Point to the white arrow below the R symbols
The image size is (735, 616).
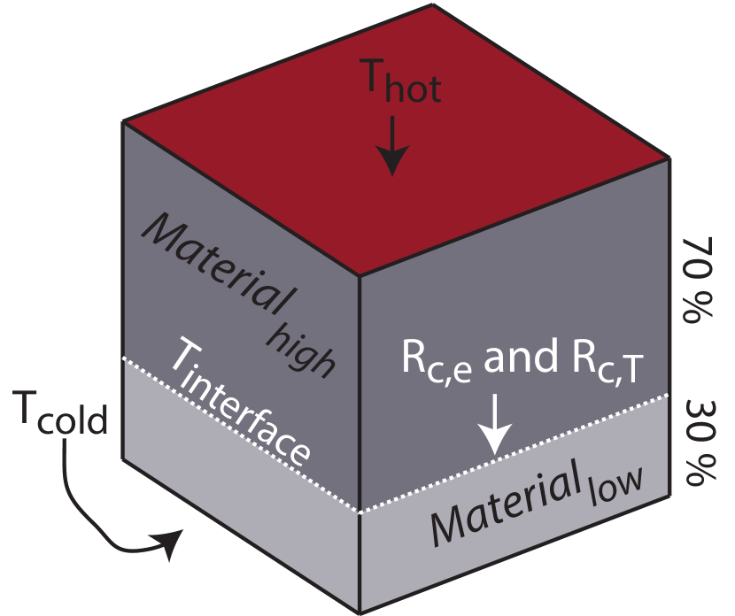pyautogui.click(x=495, y=425)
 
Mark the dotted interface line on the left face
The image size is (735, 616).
pyautogui.click(x=239, y=434)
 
